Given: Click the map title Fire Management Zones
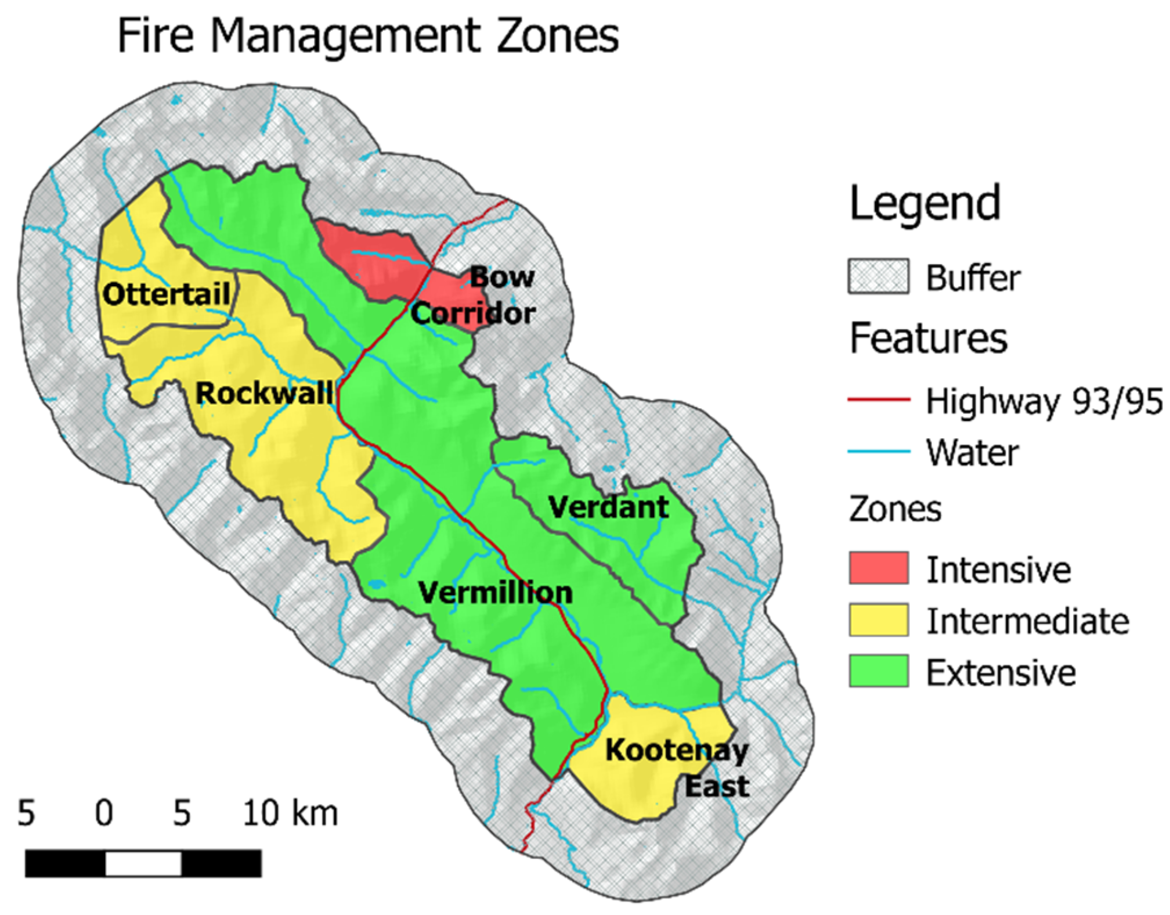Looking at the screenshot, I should tap(368, 36).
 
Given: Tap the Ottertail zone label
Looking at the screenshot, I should tap(167, 294).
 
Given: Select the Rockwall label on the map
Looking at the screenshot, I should tap(264, 394).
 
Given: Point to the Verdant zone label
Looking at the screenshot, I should tap(608, 507).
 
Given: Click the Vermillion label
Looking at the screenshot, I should tap(495, 593).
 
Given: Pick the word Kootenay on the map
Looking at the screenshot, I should tap(677, 751).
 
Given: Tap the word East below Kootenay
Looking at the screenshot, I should tap(717, 787).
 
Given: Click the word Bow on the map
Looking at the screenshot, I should tap(501, 277).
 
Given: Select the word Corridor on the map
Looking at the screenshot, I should tap(473, 314).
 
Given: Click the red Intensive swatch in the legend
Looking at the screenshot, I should tap(878, 568).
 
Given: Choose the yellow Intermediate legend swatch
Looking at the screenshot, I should tap(878, 619).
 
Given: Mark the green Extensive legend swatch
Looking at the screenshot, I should tap(878, 671).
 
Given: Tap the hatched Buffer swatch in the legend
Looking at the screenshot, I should tap(878, 276).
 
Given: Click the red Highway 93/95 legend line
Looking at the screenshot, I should tap(878, 399).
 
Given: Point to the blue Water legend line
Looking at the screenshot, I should tap(878, 451).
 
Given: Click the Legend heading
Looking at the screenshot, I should tap(925, 203).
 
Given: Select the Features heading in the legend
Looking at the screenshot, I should tap(928, 338).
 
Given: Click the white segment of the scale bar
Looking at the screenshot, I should tap(143, 863).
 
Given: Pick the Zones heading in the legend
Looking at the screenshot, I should tap(895, 509).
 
